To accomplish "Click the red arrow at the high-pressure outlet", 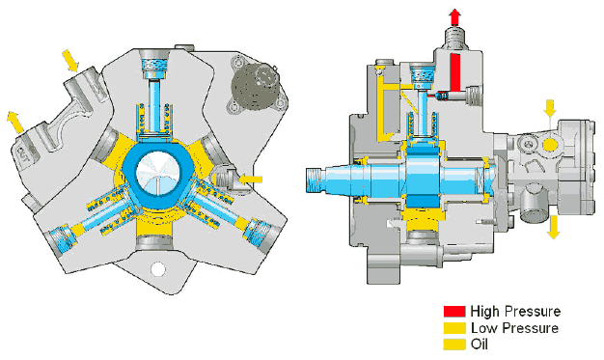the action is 455,17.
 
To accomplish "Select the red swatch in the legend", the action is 454,312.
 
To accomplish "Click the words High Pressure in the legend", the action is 515,311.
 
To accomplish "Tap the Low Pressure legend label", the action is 514,328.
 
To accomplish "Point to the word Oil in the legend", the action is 480,345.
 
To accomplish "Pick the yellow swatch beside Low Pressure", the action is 454,328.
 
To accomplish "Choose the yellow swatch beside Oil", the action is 454,345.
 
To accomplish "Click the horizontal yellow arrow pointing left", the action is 251,180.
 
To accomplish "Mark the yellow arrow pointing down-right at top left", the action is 70,60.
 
